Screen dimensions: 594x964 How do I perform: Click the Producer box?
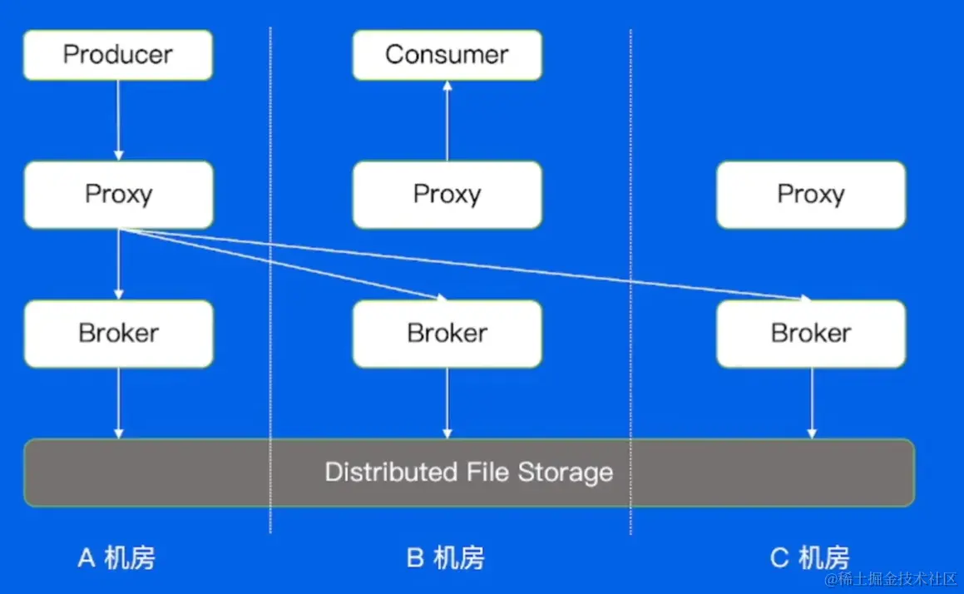click(117, 55)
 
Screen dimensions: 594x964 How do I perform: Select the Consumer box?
click(447, 55)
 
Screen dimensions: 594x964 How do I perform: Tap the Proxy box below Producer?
click(118, 194)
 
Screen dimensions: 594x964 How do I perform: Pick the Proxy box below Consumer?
click(447, 194)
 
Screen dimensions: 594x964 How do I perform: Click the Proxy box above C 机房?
click(810, 194)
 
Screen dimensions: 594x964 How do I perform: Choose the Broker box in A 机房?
click(118, 333)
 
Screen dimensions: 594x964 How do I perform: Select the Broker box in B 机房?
click(447, 333)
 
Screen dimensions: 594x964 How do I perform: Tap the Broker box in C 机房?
click(810, 333)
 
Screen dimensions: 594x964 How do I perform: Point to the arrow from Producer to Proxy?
click(118, 121)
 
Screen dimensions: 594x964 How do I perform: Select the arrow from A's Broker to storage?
click(118, 403)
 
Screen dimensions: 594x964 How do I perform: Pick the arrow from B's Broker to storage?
click(447, 403)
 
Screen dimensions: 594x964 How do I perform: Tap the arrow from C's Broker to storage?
click(811, 403)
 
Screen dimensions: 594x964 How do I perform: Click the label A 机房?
click(116, 557)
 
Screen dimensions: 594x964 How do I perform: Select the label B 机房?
click(445, 557)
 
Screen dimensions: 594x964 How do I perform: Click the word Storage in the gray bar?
click(565, 473)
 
